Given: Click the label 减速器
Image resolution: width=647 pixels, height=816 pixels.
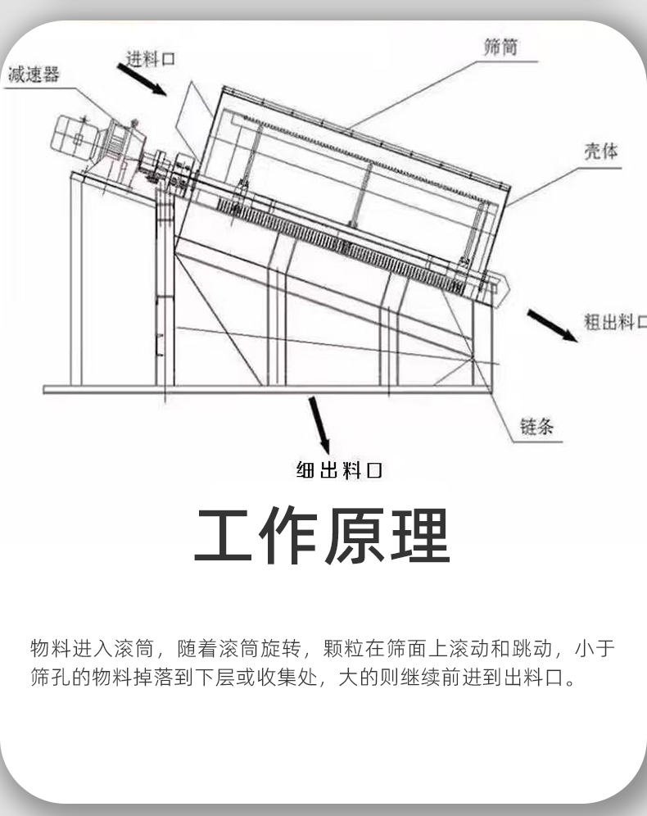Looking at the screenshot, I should tap(34, 75).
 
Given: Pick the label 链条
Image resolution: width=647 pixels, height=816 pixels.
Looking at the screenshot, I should tap(536, 426).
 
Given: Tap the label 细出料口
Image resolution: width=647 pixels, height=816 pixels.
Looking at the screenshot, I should tap(338, 470).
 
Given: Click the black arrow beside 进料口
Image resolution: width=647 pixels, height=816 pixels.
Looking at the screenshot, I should tap(142, 80).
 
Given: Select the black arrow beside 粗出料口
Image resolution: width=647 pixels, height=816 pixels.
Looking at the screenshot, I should tap(550, 324).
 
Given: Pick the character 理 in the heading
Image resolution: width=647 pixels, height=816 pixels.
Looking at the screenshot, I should tap(420, 536).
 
